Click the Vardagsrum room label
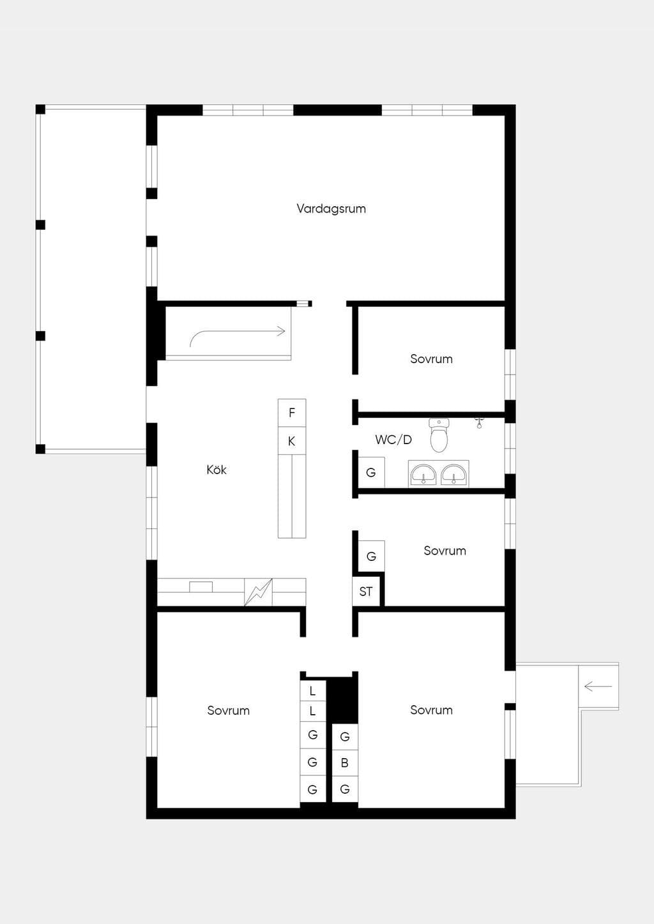coord(331,209)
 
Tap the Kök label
coord(217,470)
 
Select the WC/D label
coord(393,440)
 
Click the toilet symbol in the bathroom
coord(439,435)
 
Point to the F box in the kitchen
coord(292,413)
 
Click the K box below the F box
coord(292,442)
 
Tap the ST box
coord(366,592)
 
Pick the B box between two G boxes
coord(345,763)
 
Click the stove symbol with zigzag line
coord(258,592)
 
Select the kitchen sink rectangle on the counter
coord(201,586)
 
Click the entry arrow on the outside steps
coord(598,687)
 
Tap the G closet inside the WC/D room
coord(371,472)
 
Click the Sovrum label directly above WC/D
coord(432,359)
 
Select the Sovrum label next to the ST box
coord(445,551)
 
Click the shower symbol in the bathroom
coord(479,423)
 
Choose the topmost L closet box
coord(312,691)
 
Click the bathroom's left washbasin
coord(423,474)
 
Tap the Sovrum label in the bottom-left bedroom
coord(228,710)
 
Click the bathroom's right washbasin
coord(454,474)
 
